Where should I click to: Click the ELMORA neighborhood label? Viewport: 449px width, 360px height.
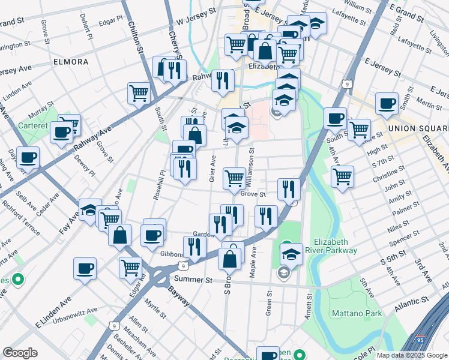point(71,62)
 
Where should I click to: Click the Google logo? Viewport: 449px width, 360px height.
point(20,353)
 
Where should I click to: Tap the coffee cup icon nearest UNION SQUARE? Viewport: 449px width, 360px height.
point(387,103)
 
